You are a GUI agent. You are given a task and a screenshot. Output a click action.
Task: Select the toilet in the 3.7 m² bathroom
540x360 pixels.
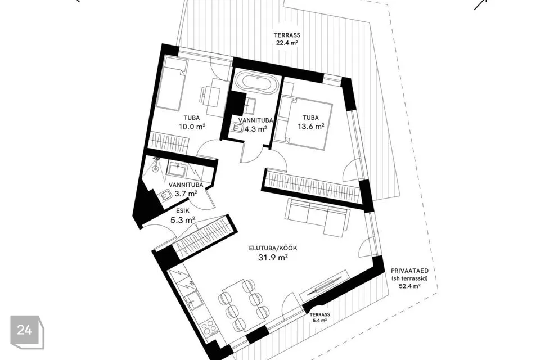166,196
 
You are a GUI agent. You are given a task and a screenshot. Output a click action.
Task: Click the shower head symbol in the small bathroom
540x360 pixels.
156,163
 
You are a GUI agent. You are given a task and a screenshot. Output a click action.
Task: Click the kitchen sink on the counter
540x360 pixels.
193,299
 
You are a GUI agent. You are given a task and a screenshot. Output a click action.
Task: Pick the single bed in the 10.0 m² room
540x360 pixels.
170,84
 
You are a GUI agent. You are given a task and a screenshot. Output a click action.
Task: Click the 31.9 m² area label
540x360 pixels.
273,257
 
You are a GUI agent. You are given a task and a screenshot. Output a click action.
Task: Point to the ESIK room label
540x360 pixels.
182,210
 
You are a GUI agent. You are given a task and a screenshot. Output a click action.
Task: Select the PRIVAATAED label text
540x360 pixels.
410,271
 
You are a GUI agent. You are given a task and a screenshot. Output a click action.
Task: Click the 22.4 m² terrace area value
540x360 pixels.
287,43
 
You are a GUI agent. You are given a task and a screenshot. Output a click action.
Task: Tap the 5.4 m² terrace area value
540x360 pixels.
319,321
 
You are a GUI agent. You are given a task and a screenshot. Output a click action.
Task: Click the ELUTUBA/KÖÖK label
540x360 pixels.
273,248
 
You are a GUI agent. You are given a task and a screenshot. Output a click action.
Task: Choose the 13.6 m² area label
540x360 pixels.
311,127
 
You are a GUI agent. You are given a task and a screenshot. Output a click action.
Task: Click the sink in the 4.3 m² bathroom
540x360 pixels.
250,103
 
